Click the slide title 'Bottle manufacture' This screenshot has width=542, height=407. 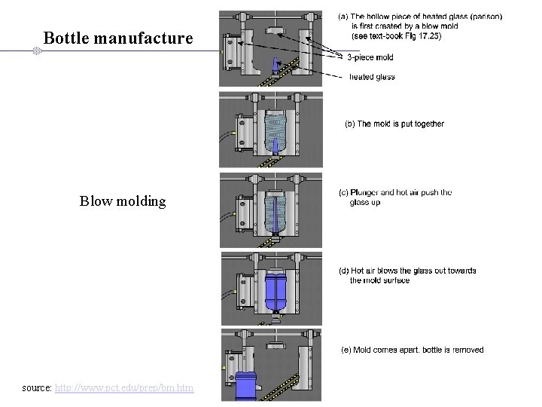(x=118, y=38)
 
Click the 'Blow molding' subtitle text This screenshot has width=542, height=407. (x=123, y=201)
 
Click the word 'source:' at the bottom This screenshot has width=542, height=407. (x=38, y=388)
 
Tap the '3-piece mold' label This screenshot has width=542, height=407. (x=370, y=57)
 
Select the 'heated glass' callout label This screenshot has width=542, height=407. (x=372, y=77)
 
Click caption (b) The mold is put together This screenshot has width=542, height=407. (x=394, y=124)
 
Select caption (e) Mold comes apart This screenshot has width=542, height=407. (x=413, y=350)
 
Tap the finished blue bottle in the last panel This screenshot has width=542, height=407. (x=246, y=386)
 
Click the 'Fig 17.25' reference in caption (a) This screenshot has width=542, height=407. (x=422, y=35)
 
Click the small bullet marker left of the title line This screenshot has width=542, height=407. (x=36, y=51)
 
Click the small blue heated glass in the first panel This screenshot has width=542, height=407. (x=275, y=66)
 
